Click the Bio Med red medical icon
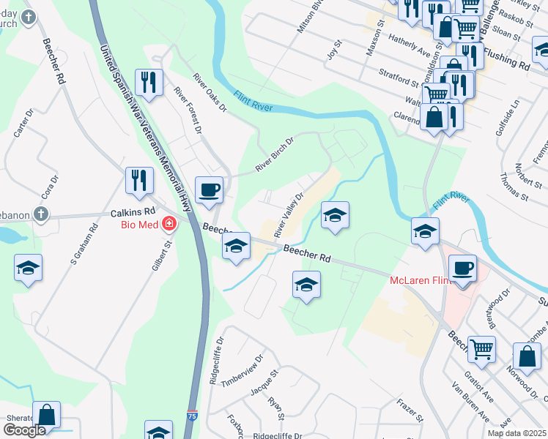coord(170,222)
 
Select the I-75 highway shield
coord(191,415)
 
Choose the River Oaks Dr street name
coord(210,92)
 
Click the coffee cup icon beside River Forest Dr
coord(209,190)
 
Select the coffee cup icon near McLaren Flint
coord(462,268)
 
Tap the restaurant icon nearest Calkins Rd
coord(139,180)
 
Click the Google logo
coord(24,430)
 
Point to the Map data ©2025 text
coord(516,433)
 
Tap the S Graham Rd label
coord(82,244)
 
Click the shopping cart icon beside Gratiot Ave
coord(481,349)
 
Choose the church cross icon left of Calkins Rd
coord(42,215)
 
